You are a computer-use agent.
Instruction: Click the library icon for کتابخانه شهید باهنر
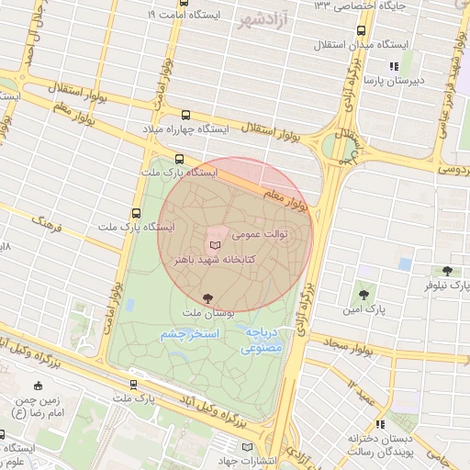pos(216,246)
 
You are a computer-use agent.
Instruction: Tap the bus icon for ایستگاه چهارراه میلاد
pos(187,116)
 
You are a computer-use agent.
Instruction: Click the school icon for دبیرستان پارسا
pos(395,66)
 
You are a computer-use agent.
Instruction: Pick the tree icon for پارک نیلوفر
pos(447,271)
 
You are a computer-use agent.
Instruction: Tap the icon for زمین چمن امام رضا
pos(38,386)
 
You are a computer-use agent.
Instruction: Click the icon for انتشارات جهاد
pos(245,446)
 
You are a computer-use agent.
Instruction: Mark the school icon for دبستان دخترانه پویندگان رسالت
pos(378,425)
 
